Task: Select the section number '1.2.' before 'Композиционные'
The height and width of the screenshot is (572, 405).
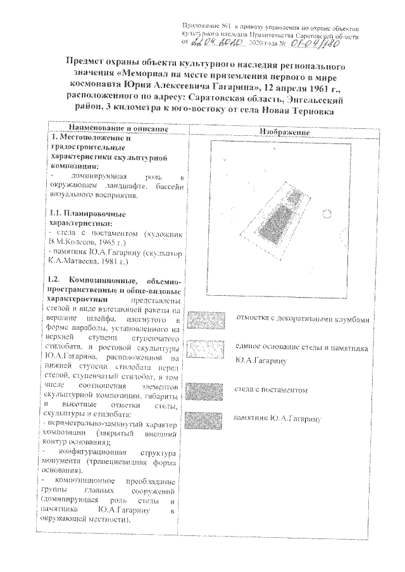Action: [59, 279]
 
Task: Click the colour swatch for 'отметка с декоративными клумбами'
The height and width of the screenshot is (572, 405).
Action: [208, 319]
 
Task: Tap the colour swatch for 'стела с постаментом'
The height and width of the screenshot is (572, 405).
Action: [208, 389]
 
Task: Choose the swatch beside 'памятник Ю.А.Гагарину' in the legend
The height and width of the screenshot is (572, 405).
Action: [208, 419]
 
